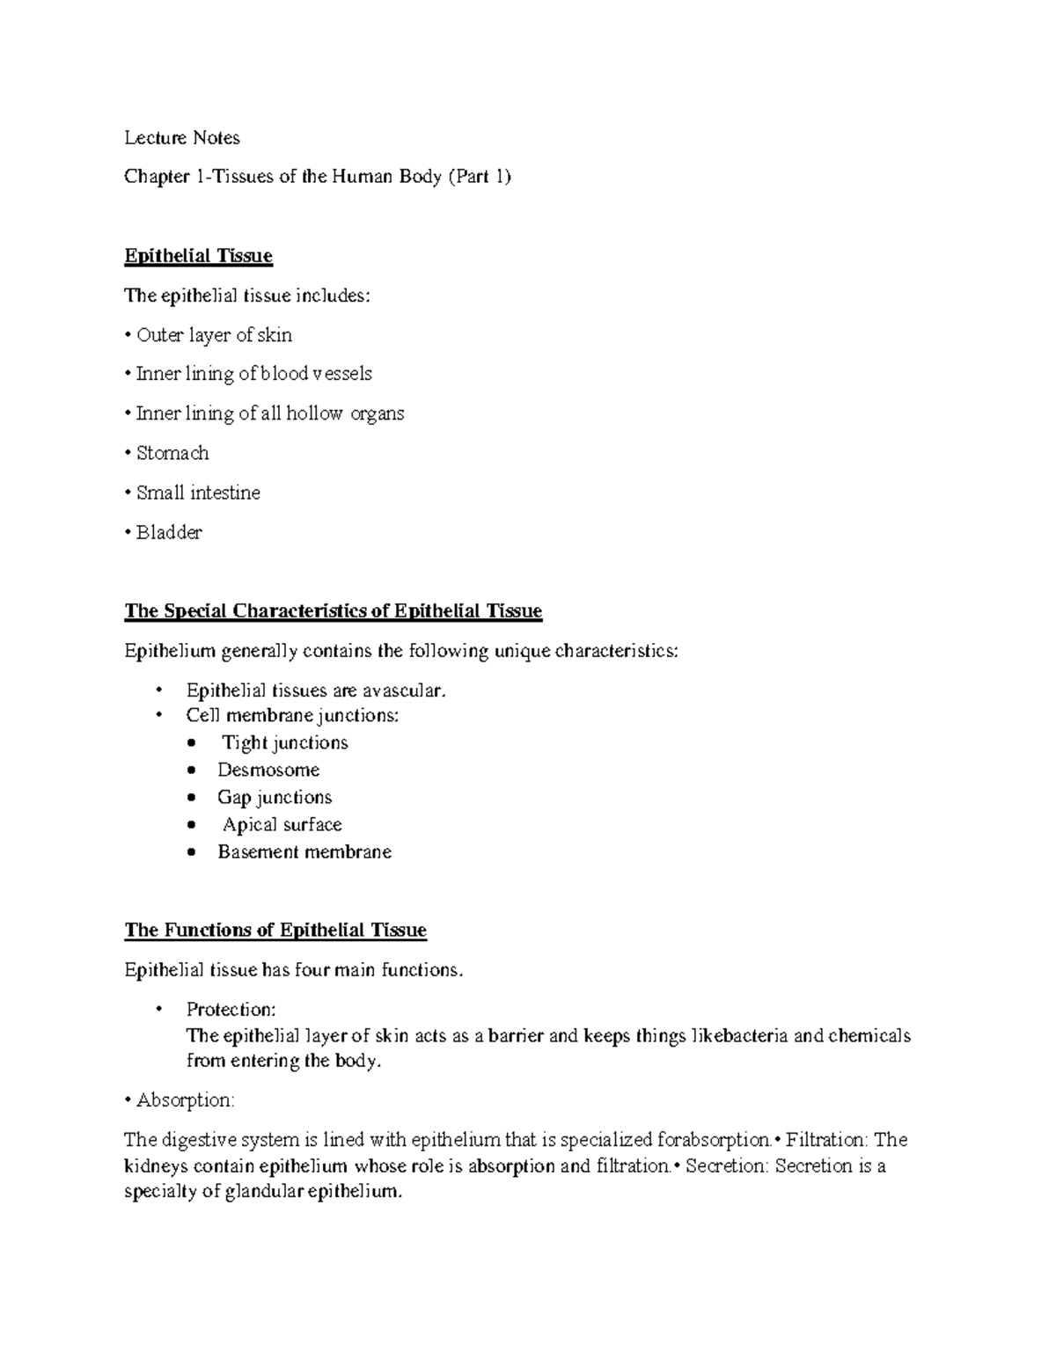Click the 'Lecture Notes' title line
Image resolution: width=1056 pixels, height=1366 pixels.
pyautogui.click(x=182, y=138)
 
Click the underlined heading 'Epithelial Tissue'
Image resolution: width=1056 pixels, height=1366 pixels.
pyautogui.click(x=199, y=256)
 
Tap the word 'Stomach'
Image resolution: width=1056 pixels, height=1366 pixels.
pyautogui.click(x=172, y=453)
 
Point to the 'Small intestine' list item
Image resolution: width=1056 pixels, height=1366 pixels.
pyautogui.click(x=198, y=493)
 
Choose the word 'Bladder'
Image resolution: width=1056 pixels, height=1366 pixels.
pyautogui.click(x=169, y=532)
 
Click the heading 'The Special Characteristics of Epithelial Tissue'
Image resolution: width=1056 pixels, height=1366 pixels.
pyautogui.click(x=334, y=610)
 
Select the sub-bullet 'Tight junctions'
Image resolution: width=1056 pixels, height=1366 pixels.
pyautogui.click(x=284, y=743)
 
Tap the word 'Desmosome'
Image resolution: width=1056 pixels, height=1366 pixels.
pyautogui.click(x=268, y=771)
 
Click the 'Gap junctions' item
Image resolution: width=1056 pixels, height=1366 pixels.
pyautogui.click(x=275, y=798)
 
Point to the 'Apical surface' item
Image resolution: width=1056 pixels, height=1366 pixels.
pyautogui.click(x=282, y=825)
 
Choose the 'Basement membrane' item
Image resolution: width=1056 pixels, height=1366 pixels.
pyautogui.click(x=304, y=852)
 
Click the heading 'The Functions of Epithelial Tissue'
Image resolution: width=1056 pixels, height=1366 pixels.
pyautogui.click(x=275, y=931)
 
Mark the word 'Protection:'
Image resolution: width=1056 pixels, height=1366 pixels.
pyautogui.click(x=231, y=1009)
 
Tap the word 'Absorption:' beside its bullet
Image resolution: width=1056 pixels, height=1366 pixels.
pyautogui.click(x=186, y=1100)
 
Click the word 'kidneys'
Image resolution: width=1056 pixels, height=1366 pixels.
pyautogui.click(x=156, y=1167)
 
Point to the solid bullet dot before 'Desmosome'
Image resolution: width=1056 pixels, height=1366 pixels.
pyautogui.click(x=194, y=771)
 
